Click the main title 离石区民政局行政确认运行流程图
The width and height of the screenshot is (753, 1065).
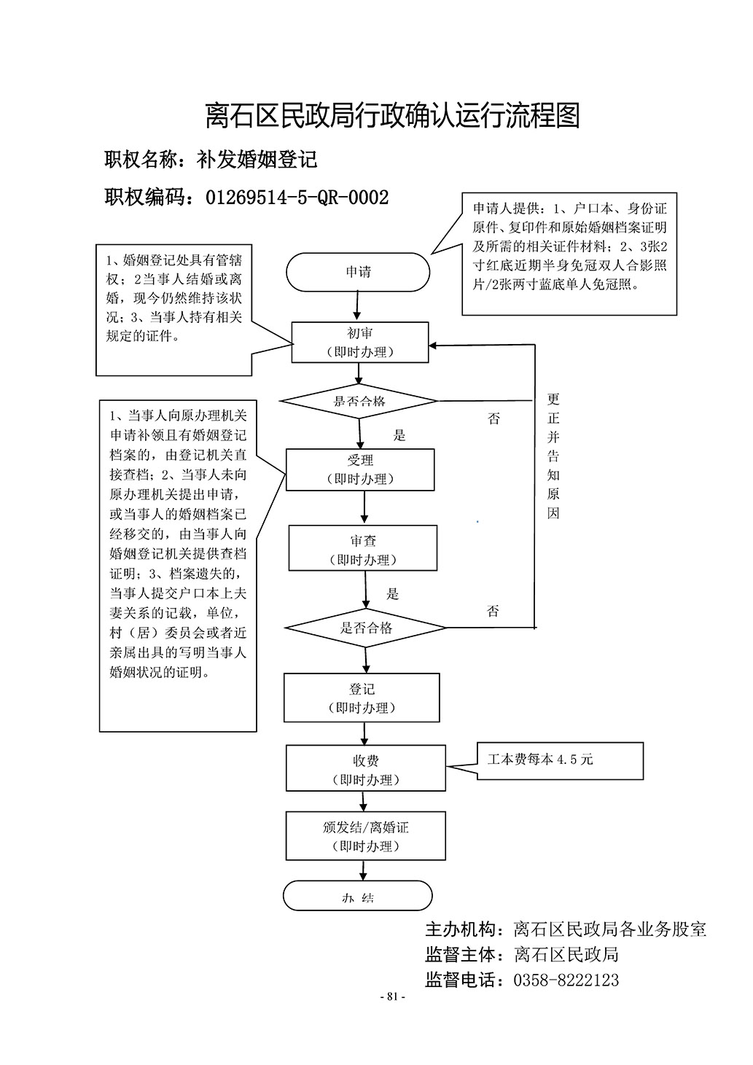click(392, 115)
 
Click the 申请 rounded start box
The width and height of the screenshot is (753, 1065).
click(358, 273)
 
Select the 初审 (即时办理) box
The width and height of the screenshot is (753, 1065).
click(359, 342)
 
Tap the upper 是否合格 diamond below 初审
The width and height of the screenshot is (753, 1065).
click(359, 401)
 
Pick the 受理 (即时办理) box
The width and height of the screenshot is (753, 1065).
click(360, 469)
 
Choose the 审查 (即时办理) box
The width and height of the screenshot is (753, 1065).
click(363, 549)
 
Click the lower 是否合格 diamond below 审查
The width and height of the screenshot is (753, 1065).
click(365, 628)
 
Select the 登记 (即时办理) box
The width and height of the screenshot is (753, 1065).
click(362, 698)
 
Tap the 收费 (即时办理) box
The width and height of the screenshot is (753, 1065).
click(365, 769)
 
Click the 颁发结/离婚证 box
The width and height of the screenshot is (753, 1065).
click(365, 836)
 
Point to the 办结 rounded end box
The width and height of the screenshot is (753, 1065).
click(357, 897)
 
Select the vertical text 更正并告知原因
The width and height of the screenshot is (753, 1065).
click(553, 456)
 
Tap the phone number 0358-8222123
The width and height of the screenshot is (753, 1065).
click(566, 980)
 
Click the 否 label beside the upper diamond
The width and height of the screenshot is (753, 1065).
click(493, 419)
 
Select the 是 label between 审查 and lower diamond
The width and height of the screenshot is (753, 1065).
click(392, 594)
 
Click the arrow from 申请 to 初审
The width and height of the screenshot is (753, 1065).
click(357, 305)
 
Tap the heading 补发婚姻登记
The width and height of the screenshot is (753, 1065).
click(257, 160)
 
